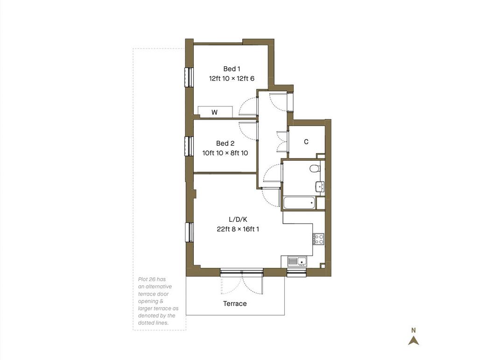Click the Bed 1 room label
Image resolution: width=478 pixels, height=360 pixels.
point(232,69)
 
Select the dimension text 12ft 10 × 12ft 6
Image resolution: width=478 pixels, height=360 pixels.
point(232,78)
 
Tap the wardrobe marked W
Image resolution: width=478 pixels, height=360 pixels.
point(215,112)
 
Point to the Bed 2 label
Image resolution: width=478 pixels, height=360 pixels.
point(225,143)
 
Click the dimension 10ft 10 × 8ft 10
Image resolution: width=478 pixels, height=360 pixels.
point(225,153)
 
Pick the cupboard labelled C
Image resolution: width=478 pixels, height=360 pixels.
point(306,142)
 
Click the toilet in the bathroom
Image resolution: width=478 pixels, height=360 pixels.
point(315,168)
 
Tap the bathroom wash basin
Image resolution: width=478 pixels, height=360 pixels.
point(320,186)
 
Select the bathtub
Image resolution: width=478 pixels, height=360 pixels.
point(299,203)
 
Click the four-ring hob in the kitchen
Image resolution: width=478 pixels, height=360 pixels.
point(318,239)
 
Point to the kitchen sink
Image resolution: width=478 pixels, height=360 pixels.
point(297,261)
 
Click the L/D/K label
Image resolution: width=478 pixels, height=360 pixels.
point(238,219)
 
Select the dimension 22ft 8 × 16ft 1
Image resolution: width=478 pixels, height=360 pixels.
point(238,229)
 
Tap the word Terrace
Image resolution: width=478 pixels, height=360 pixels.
point(235,304)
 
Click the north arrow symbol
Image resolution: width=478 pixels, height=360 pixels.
point(414,340)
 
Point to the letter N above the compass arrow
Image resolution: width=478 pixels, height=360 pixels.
point(414,330)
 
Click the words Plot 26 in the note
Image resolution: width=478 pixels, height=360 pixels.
point(148,279)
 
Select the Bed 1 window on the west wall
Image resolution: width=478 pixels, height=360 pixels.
point(190,77)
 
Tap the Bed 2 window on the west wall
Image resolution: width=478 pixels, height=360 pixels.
point(190,146)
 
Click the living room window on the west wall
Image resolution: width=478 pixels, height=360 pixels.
point(190,232)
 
